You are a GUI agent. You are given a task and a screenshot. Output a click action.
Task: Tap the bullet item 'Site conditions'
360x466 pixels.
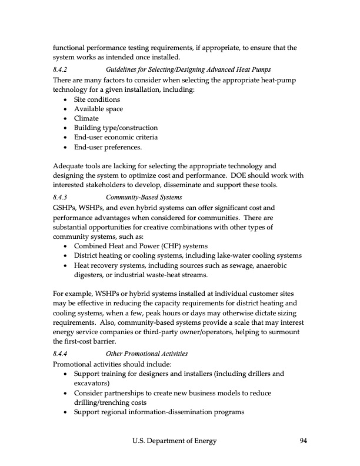point(96,99)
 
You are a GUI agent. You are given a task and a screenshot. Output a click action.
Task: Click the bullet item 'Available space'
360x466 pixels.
point(98,109)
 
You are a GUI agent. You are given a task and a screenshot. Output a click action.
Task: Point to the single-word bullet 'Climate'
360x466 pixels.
point(86,118)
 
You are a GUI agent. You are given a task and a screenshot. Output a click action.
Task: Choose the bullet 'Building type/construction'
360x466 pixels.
point(115,128)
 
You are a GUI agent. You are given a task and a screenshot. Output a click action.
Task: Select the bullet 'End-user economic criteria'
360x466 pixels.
point(115,137)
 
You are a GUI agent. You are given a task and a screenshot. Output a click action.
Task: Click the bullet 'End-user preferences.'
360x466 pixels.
point(108,147)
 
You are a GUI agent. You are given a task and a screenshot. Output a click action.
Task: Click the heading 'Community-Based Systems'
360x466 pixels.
point(144,197)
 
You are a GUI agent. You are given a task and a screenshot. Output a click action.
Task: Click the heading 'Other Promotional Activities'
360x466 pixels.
point(146,354)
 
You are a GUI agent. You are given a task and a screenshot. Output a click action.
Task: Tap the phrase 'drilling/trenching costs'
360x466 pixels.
point(114,402)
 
